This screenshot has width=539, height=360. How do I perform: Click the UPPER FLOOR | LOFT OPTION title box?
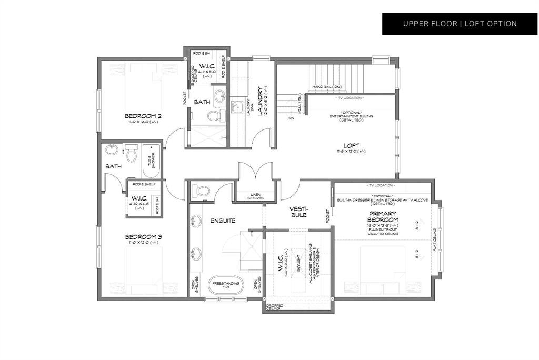(x=460, y=24)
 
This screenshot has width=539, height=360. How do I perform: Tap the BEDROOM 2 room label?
(x=143, y=116)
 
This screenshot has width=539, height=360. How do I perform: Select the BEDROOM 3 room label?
(x=143, y=237)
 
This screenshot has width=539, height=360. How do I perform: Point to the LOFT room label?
(x=347, y=145)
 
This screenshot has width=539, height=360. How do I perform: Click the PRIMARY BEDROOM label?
(x=383, y=216)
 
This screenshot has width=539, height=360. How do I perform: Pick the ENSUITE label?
(x=223, y=221)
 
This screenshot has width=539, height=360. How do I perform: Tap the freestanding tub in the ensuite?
(x=227, y=285)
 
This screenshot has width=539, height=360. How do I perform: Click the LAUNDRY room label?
(x=261, y=101)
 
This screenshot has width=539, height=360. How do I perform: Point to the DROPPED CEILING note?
(x=274, y=307)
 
